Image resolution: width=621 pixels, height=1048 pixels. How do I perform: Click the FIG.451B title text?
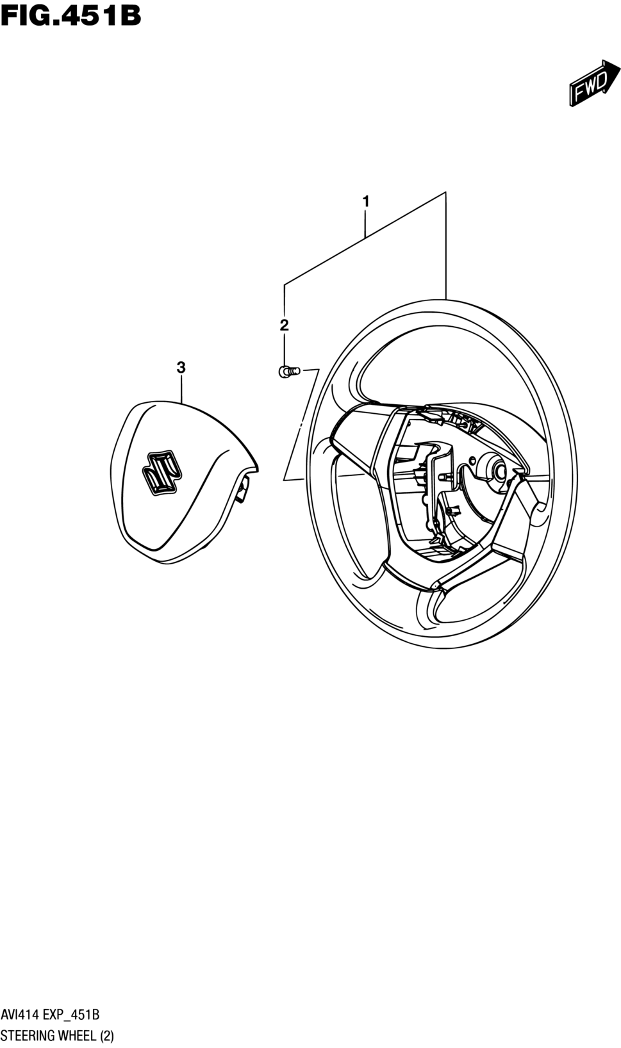(70, 15)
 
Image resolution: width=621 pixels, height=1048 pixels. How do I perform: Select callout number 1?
(365, 202)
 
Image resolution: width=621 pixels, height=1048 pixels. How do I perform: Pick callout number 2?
(284, 325)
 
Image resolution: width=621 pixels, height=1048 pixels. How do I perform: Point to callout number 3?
(181, 368)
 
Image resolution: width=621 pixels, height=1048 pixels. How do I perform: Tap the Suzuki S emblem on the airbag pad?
(161, 473)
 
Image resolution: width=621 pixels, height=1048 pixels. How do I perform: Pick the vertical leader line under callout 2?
(284, 349)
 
